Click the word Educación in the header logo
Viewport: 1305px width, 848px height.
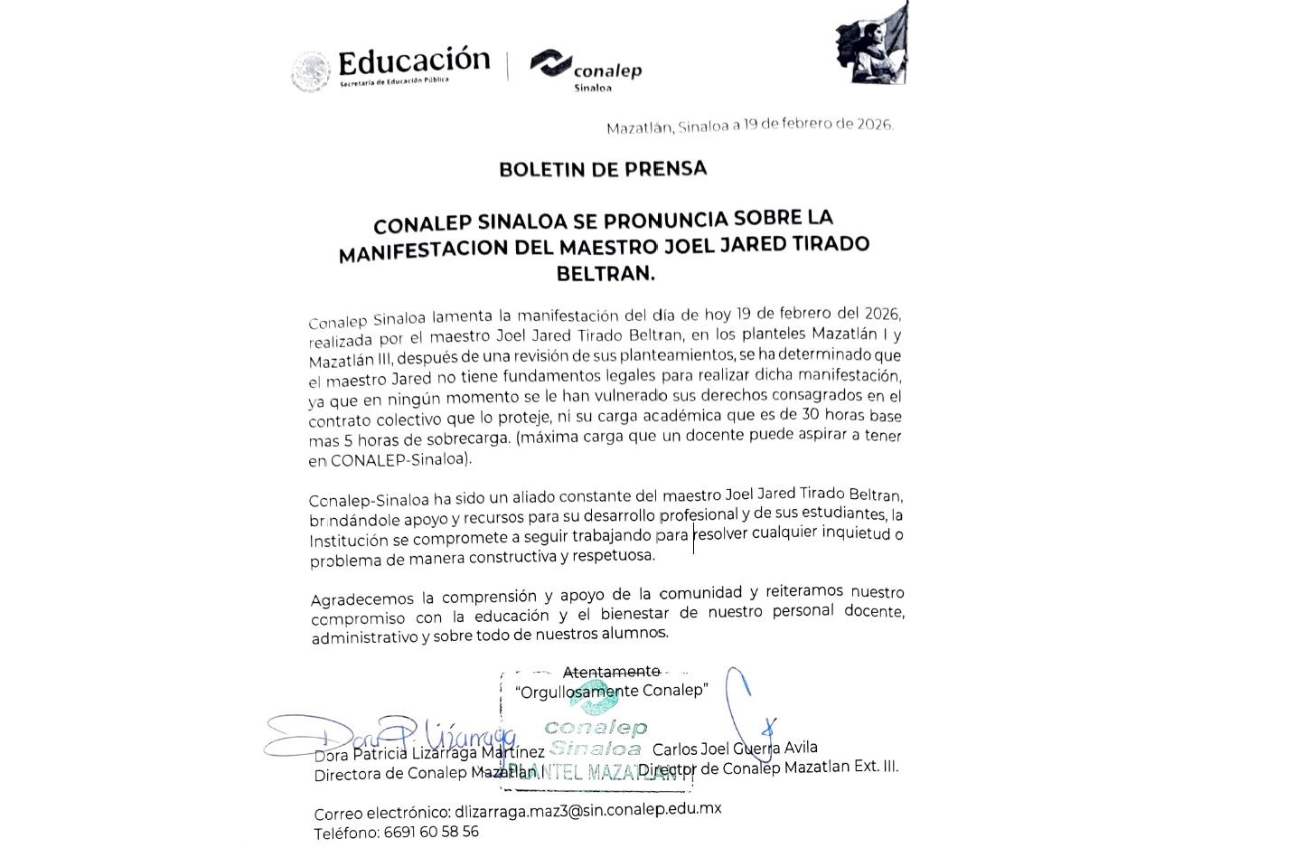pos(413,61)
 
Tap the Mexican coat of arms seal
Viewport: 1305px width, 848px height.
pos(311,71)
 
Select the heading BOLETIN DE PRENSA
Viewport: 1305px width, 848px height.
pos(603,169)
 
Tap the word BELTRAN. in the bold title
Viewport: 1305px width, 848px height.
pos(605,272)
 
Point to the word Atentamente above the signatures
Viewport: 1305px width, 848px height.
pos(611,672)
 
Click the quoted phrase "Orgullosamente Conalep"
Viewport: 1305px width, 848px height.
pos(611,691)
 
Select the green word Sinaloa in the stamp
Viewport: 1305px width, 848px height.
pos(595,749)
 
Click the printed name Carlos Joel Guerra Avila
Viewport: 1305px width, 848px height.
pos(735,749)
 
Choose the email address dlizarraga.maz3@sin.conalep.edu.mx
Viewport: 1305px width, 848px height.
pos(588,809)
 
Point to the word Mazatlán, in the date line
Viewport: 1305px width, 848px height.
pos(640,127)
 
